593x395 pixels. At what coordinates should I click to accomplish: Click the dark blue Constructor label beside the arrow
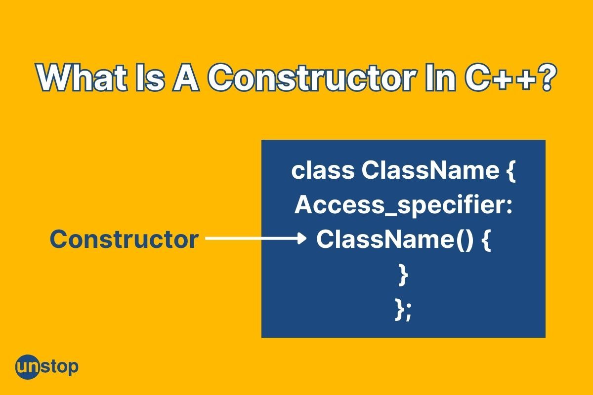(125, 239)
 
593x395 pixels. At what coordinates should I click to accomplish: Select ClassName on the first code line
(430, 171)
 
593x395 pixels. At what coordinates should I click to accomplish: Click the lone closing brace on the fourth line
(403, 276)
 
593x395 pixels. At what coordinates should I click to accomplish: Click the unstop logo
(46, 367)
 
